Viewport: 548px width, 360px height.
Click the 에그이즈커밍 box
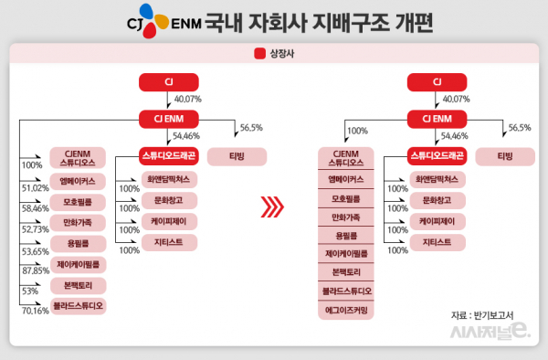pos(351,310)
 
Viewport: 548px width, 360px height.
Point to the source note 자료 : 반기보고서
pos(481,315)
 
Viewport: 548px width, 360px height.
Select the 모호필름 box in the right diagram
pos(351,197)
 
